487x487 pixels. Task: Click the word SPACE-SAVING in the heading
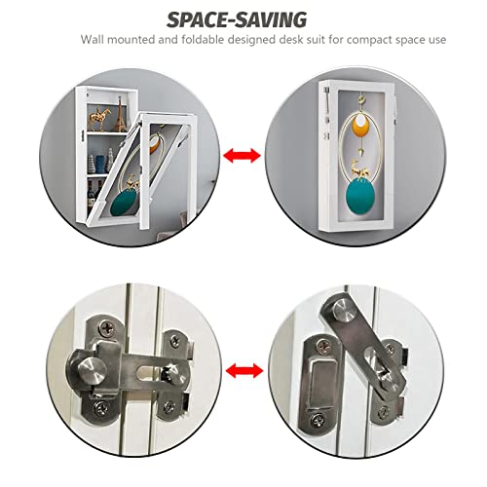(237, 19)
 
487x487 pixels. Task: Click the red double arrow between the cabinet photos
(242, 156)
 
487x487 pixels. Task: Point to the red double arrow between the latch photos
(244, 371)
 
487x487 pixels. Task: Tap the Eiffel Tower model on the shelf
(122, 115)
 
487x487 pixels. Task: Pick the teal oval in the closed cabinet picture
(360, 196)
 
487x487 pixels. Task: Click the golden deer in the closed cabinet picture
(361, 169)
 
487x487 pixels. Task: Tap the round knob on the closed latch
(92, 370)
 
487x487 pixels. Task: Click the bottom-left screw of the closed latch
(101, 406)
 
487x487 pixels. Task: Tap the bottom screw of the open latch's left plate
(318, 420)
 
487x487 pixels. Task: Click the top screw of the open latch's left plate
(323, 346)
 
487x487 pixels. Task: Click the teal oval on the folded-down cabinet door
(122, 202)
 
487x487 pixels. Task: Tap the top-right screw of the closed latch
(175, 340)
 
